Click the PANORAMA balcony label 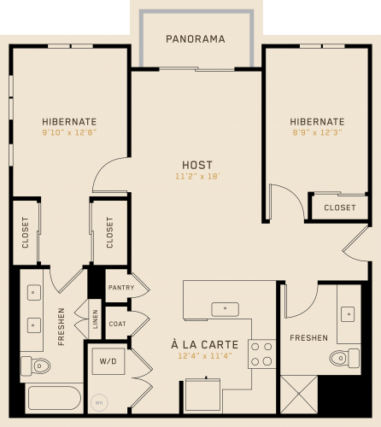[x=196, y=39]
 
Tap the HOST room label [x=197, y=165]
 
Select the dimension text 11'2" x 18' [x=197, y=177]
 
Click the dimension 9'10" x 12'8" [x=69, y=132]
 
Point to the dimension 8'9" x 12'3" [x=317, y=132]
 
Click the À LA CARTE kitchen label [x=205, y=345]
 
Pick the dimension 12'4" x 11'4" [x=205, y=356]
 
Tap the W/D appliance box [x=108, y=361]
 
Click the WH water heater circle [x=99, y=403]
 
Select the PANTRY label [x=121, y=288]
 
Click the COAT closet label [x=117, y=324]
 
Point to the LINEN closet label [x=95, y=319]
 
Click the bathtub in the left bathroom [x=55, y=398]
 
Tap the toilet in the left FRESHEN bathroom [x=36, y=366]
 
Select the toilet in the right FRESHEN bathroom [x=344, y=358]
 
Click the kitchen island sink [x=225, y=309]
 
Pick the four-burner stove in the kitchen [x=261, y=354]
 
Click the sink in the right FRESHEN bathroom [x=348, y=314]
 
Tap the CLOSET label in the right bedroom [x=340, y=208]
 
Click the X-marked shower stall [x=299, y=395]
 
